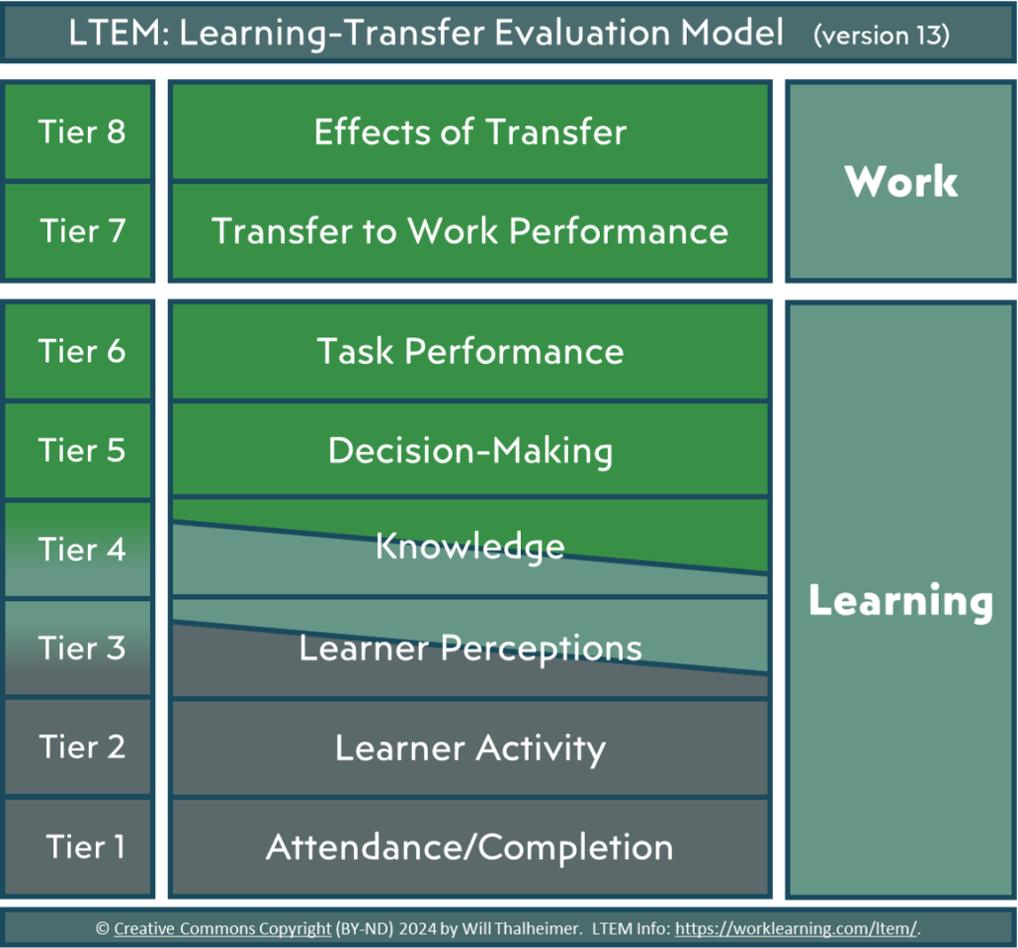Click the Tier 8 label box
pyautogui.click(x=79, y=131)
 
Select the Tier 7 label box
pyautogui.click(x=79, y=230)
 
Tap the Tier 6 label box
pyautogui.click(x=79, y=351)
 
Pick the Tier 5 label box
pyautogui.click(x=79, y=450)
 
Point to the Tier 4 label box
pyautogui.click(x=79, y=549)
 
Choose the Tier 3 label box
pyautogui.click(x=79, y=647)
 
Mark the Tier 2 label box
pyautogui.click(x=79, y=746)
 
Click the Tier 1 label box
pyautogui.click(x=79, y=846)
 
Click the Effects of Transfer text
pyautogui.click(x=470, y=131)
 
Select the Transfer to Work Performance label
pyautogui.click(x=470, y=230)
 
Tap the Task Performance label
pyautogui.click(x=470, y=351)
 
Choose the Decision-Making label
pyautogui.click(x=470, y=450)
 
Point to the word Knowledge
pyautogui.click(x=470, y=546)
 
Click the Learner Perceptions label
pyautogui.click(x=470, y=648)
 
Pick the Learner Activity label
pyautogui.click(x=470, y=747)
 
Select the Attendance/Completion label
pyautogui.click(x=470, y=847)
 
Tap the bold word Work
pyautogui.click(x=901, y=181)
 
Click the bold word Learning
pyautogui.click(x=901, y=600)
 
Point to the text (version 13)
pyautogui.click(x=882, y=35)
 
